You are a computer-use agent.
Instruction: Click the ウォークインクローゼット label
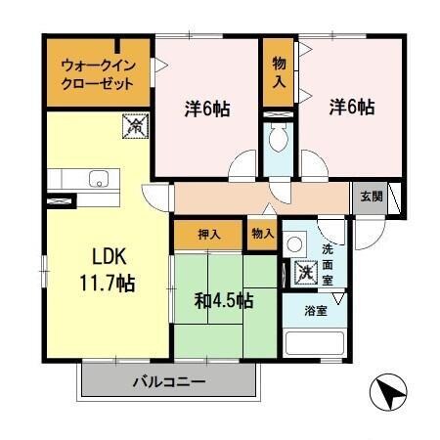pos(96,74)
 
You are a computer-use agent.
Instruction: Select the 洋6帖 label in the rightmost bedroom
pos(350,108)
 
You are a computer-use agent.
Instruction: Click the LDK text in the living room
pos(99,259)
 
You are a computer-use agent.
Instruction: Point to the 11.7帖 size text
pos(99,285)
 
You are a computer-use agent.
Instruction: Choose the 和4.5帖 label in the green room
pos(223,300)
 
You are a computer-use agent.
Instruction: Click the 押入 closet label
pos(208,235)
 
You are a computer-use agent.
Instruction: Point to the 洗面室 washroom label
pos(330,262)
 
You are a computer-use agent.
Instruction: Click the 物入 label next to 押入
pos(261,235)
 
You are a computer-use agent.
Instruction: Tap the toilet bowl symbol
pos(280,140)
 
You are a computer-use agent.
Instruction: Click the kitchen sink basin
pos(98,179)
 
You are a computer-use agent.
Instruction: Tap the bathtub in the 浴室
pos(314,345)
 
